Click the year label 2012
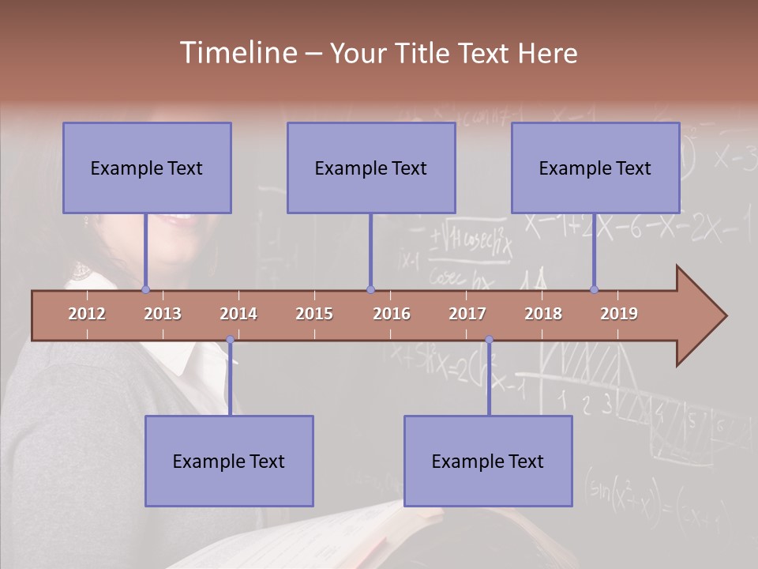[87, 314]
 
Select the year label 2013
[163, 314]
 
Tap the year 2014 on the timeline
[238, 314]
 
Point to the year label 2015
[314, 314]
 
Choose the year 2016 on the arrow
[392, 314]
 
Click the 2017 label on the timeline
[467, 314]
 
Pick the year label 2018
[543, 314]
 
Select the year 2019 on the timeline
[619, 314]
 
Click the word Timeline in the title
[238, 53]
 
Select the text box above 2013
[147, 168]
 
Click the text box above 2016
[371, 168]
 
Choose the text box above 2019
[595, 168]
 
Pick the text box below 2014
[229, 461]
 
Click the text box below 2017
[488, 461]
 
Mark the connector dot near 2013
[146, 290]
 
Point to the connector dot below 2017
[489, 340]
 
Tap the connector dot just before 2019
[594, 290]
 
